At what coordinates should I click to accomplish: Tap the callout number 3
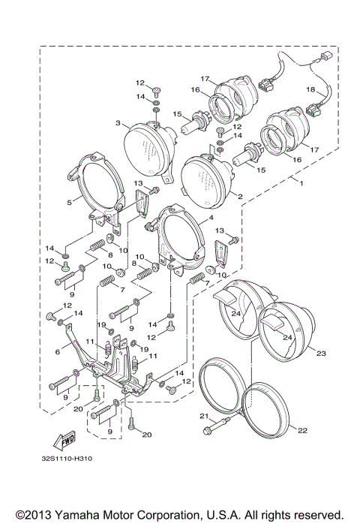[x=118, y=122]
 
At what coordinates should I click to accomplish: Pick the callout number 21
[x=202, y=416]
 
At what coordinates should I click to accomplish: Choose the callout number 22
[x=301, y=430]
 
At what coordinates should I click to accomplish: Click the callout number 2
[x=239, y=197]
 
